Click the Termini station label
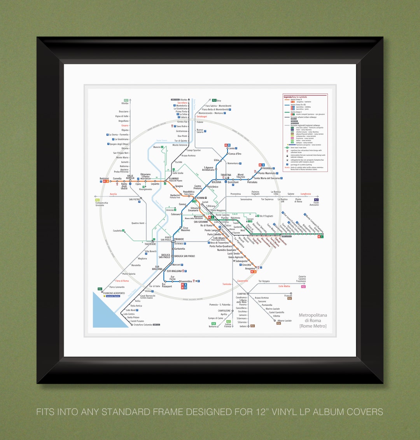(201, 198)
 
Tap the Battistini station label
(104, 178)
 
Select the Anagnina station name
(250, 268)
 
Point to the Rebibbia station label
(268, 168)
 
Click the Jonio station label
(232, 148)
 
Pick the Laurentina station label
(186, 281)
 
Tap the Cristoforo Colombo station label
(142, 325)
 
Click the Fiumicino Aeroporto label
(114, 293)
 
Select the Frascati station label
(288, 295)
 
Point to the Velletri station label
(243, 326)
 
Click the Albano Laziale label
(284, 320)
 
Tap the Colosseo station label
(175, 214)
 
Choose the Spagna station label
(179, 186)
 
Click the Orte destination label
(219, 100)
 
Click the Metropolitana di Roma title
(313, 320)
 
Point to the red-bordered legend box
(305, 132)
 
